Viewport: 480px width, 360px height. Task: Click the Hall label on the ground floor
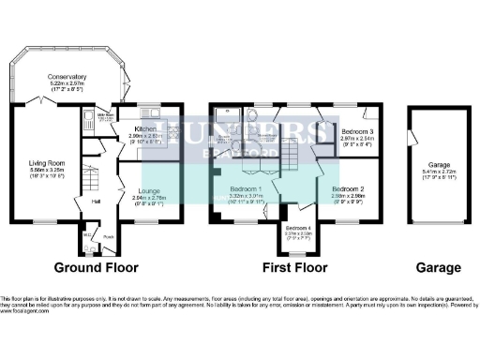tap(96, 200)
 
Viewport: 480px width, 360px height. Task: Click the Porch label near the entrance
tap(108, 235)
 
